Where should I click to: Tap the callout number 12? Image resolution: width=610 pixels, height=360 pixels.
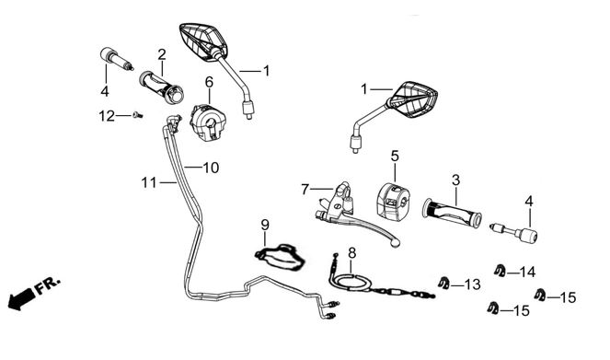point(107,116)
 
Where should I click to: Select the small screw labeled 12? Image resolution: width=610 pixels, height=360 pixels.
point(137,115)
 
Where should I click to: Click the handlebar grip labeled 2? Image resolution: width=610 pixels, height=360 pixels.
point(161,87)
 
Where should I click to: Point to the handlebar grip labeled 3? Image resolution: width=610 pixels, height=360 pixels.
point(452,213)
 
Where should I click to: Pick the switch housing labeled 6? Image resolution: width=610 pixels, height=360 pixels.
point(206,122)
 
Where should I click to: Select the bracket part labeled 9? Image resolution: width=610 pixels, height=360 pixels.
point(280,257)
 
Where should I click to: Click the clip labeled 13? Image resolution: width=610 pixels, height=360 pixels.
point(443,283)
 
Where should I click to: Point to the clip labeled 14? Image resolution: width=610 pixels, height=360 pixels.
point(500,270)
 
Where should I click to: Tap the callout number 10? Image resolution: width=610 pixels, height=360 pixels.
point(211,168)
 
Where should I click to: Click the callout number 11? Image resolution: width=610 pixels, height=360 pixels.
point(149,182)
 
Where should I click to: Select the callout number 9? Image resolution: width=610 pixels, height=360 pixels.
point(265,225)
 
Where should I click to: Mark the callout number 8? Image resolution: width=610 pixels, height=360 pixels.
point(351,253)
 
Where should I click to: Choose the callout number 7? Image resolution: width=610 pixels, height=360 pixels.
point(305,190)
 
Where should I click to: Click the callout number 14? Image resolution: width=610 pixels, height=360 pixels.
point(527,272)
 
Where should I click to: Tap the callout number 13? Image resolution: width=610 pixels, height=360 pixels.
point(473,285)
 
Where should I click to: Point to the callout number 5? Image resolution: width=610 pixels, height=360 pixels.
point(395,157)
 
